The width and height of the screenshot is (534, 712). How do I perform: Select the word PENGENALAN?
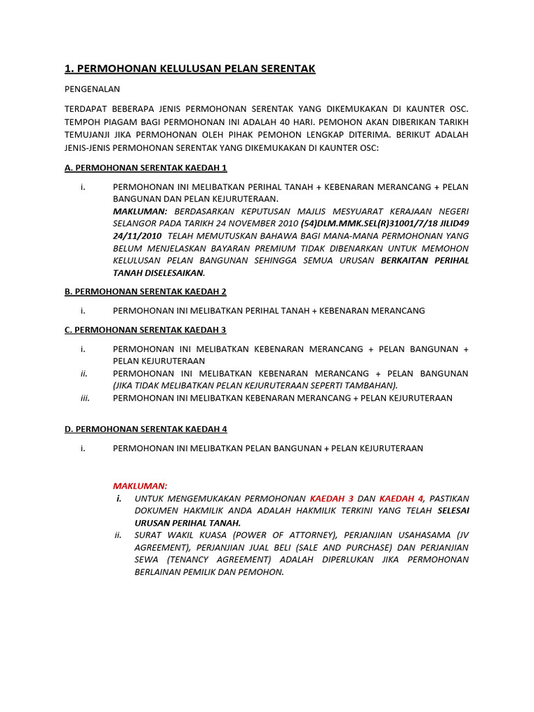[x=92, y=89]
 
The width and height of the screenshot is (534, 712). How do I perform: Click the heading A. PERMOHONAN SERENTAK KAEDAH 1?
[x=146, y=168]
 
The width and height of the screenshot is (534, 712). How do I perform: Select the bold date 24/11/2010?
[x=139, y=236]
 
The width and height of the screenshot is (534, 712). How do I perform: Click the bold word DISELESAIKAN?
[x=174, y=273]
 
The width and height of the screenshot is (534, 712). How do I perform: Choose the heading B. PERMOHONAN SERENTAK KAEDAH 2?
[x=146, y=291]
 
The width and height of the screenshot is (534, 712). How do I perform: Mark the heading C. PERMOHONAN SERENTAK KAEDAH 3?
[x=146, y=330]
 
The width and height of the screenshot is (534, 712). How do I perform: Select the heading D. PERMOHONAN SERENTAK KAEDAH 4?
[x=146, y=429]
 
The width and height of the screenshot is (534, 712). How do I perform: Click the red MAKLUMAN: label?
[x=140, y=486]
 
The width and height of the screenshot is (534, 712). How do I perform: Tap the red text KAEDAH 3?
[x=332, y=499]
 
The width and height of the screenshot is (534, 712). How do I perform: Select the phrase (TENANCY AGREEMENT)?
[x=220, y=560]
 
